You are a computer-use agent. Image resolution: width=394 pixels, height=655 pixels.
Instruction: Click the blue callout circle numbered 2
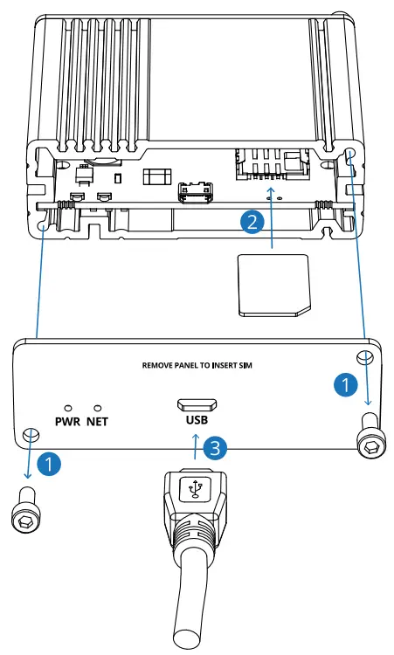252,222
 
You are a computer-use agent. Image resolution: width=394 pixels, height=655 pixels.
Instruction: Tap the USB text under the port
197,419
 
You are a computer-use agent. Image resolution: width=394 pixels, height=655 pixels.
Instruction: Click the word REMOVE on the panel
161,367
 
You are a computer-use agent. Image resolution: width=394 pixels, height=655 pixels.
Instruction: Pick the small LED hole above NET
98,407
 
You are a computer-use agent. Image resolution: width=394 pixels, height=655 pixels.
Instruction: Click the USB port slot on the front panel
197,403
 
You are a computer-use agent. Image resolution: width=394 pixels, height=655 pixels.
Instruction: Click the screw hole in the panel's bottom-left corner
31,437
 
